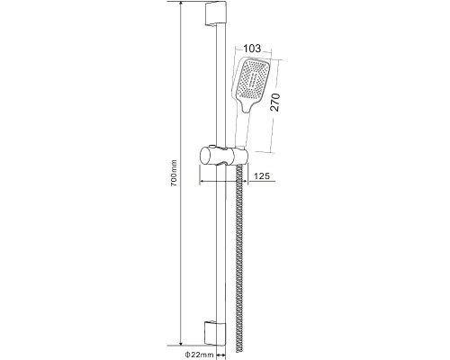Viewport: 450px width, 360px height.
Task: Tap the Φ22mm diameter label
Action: (199, 355)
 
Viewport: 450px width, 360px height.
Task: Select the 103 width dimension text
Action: (252, 48)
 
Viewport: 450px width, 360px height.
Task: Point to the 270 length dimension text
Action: (275, 103)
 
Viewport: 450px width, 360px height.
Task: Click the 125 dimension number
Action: (262, 175)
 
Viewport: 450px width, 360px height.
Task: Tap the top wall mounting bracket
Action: (215, 14)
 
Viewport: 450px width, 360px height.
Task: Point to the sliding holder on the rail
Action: (223, 156)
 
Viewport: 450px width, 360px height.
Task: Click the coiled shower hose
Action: (239, 258)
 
